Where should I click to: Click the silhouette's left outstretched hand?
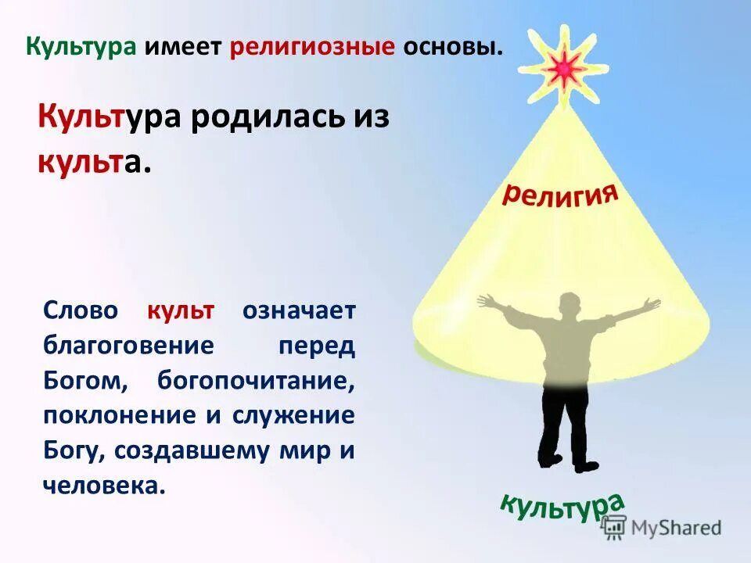click(x=486, y=301)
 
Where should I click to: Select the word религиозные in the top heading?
click(x=312, y=47)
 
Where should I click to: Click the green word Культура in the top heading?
click(x=81, y=47)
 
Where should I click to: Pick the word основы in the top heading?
click(x=451, y=47)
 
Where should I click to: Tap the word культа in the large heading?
click(x=92, y=163)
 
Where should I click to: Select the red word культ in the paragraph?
click(x=180, y=310)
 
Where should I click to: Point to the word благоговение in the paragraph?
click(x=128, y=345)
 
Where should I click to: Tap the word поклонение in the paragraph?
click(x=120, y=415)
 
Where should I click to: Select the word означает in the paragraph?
click(x=299, y=310)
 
